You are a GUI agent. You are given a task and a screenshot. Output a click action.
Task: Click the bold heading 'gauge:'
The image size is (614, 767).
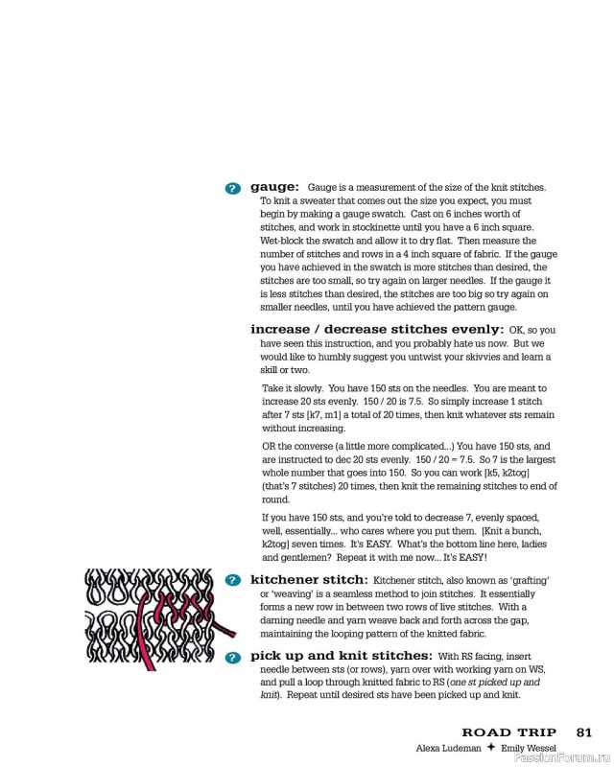(274, 186)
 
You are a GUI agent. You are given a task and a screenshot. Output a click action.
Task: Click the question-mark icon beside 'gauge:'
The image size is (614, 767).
(232, 188)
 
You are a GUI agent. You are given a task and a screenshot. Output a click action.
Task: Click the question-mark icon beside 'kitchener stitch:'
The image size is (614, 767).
(232, 581)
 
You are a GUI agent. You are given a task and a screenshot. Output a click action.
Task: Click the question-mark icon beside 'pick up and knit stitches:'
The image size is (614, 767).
(232, 657)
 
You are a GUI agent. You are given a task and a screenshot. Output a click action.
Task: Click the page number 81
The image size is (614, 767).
(584, 732)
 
